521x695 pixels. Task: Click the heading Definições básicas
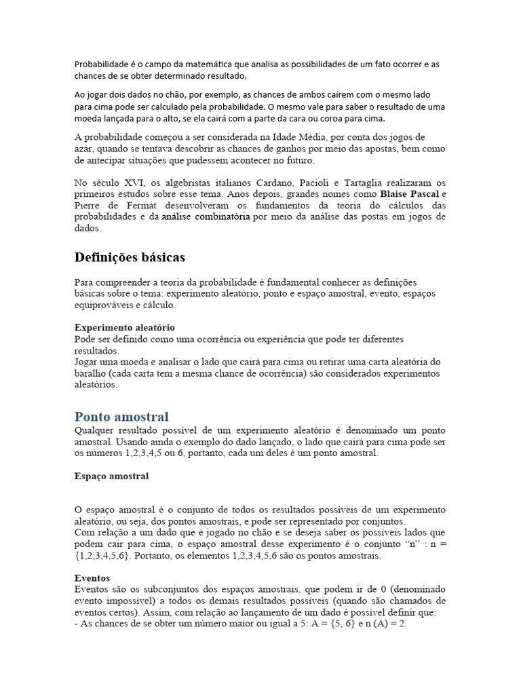[x=129, y=258]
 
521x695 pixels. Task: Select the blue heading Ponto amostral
[x=121, y=416]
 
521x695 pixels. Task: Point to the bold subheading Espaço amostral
[x=111, y=476]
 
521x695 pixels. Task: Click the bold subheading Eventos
[x=92, y=578]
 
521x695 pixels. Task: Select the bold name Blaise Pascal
[x=409, y=194]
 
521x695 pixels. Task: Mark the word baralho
[x=92, y=373]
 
